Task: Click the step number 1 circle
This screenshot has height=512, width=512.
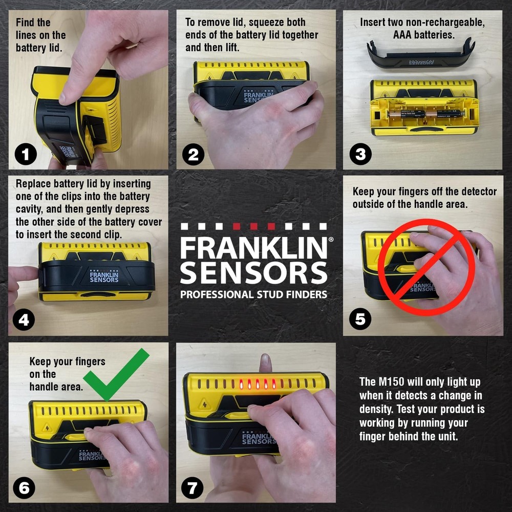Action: tap(26, 154)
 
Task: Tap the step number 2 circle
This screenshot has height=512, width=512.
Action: tap(193, 154)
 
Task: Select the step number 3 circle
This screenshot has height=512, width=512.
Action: tap(360, 154)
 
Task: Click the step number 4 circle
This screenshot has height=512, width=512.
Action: tap(24, 320)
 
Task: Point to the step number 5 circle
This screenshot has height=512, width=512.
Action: tap(360, 319)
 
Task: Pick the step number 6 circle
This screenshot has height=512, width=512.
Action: tap(24, 487)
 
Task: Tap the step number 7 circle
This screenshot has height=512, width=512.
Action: tap(192, 487)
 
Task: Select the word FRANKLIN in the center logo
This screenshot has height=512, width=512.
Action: tap(253, 249)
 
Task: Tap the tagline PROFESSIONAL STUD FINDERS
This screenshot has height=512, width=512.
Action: tap(253, 294)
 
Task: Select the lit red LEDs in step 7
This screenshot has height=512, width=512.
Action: tap(258, 383)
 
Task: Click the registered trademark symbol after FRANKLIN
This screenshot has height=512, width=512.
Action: tap(330, 239)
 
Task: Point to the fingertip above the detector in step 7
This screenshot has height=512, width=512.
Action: tap(264, 362)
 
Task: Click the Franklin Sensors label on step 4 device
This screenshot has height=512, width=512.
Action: tap(104, 276)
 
